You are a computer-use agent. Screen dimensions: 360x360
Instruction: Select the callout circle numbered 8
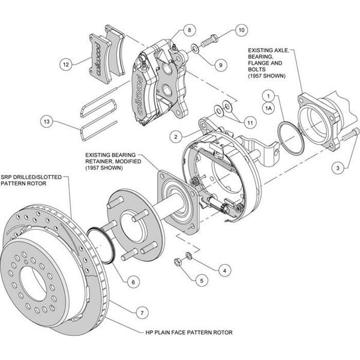[x=188, y=29]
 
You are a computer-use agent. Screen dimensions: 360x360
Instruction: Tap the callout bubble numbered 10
[x=240, y=29]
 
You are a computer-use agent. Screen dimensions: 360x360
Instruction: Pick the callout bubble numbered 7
[x=142, y=312]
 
